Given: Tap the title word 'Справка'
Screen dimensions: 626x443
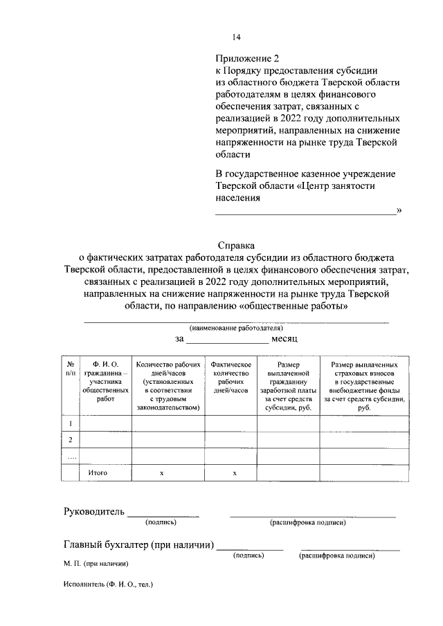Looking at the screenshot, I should tap(236, 245).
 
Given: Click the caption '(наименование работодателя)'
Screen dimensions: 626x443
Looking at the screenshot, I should tap(236, 327).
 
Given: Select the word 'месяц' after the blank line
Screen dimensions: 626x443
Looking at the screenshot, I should tap(284, 340).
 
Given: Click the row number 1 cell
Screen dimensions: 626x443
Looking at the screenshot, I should tap(70, 423).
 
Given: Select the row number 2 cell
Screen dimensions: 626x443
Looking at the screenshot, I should tap(70, 440).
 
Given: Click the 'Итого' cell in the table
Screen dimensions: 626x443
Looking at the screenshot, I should tap(98, 473).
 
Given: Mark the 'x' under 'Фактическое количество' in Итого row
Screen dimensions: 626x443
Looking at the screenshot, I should tap(234, 473).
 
